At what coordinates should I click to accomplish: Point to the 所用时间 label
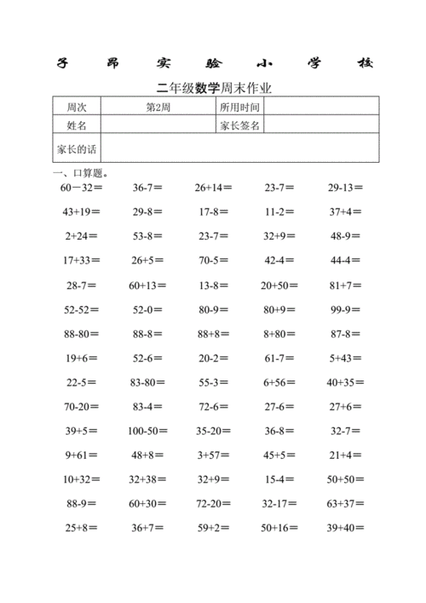pyautogui.click(x=239, y=107)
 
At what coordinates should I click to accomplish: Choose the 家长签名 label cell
pyautogui.click(x=239, y=125)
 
